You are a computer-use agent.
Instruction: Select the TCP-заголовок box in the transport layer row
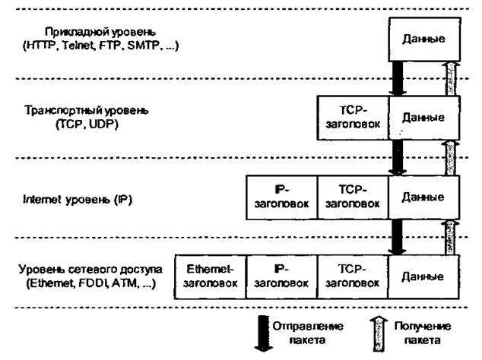353,117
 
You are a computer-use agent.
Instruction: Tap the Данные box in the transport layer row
423,117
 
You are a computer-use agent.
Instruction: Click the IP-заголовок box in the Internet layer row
281,196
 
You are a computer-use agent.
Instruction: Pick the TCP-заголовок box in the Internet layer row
353,196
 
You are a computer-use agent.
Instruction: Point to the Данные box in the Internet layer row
423,196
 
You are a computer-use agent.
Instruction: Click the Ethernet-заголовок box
211,276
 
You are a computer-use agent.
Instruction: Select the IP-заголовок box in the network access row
281,276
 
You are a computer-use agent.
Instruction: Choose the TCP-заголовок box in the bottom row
353,276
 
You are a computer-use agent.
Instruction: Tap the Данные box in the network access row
423,276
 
